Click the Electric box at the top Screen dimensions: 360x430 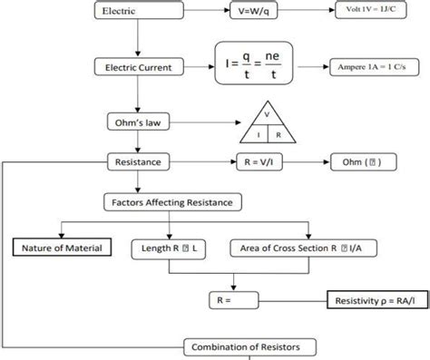click(135, 11)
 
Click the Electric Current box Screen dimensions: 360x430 click(135, 67)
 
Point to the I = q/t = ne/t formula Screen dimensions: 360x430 click(255, 66)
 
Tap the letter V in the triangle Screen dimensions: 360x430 click(267, 115)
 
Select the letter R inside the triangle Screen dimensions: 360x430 click(279, 135)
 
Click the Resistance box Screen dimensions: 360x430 click(135, 161)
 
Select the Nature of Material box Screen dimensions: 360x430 click(63, 248)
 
